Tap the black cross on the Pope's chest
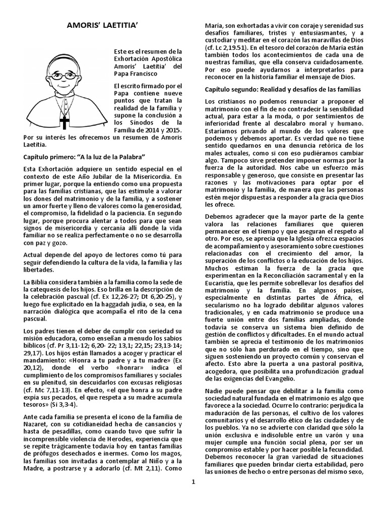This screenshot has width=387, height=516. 64,122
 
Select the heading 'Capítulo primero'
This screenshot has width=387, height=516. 85,157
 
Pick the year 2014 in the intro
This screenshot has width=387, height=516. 148,129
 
